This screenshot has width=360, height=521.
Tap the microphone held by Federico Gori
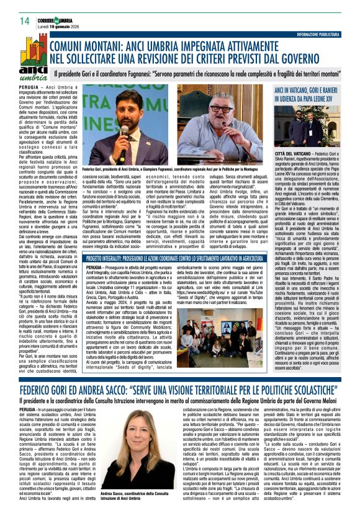(x=123, y=130)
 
